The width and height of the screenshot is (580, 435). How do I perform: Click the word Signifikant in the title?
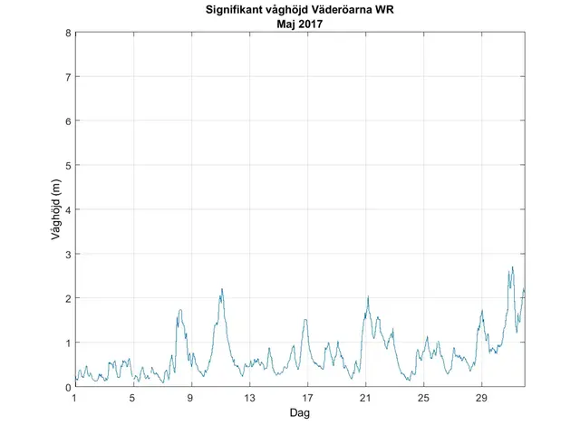(226, 11)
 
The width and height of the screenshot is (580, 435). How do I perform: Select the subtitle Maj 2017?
(300, 24)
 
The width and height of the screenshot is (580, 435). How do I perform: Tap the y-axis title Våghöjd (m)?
(56, 210)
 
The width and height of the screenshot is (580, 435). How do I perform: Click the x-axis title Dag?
(300, 413)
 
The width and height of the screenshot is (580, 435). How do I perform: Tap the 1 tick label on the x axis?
(74, 398)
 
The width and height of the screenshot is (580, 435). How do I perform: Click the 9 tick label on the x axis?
(190, 398)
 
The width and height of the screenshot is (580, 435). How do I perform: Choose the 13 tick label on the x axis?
(248, 398)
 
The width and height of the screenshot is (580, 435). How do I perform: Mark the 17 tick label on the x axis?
(306, 398)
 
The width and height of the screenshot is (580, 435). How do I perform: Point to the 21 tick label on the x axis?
(365, 398)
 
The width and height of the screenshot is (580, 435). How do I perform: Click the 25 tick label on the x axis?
(423, 398)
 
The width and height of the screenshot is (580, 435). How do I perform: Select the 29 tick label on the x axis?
(481, 398)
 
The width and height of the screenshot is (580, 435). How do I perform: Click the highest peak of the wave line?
(512, 267)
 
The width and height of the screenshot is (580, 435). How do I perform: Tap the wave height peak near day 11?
(221, 289)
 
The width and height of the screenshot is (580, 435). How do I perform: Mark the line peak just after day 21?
(368, 296)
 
